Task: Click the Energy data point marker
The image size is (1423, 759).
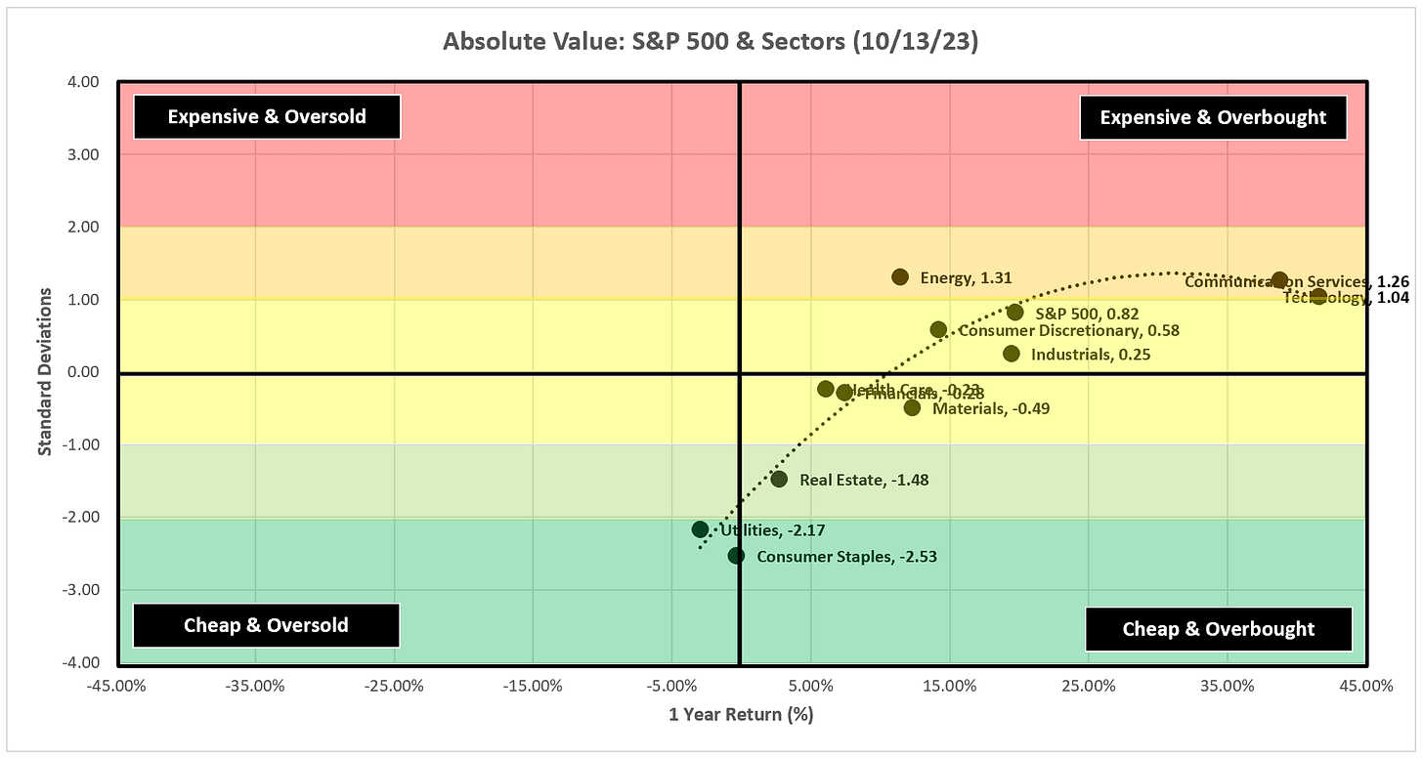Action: coord(900,277)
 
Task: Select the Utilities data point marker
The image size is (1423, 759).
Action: coord(700,529)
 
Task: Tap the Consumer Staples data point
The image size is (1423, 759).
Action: coord(736,556)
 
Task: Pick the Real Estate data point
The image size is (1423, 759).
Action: coord(779,479)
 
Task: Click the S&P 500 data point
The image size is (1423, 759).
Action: coord(1014,313)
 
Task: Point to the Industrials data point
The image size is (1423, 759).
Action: coord(1011,354)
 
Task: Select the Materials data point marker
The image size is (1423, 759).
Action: coord(912,407)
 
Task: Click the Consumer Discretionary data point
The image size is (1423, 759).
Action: coord(938,330)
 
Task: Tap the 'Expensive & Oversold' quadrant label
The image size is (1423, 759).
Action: coord(267,117)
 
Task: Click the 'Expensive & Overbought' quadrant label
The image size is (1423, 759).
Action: coord(1213,118)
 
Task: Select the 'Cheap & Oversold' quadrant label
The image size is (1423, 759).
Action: coord(266,625)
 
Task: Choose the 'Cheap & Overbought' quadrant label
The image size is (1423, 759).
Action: coord(1219,629)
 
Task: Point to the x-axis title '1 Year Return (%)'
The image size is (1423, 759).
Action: coord(741,714)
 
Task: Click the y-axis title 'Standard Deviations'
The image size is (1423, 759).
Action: coord(45,372)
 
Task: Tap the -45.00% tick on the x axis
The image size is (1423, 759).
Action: coord(116,686)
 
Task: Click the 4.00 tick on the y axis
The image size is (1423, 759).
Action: coord(86,82)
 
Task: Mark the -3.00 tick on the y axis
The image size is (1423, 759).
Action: coord(84,590)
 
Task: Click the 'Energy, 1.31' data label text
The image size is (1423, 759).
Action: coord(966,278)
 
